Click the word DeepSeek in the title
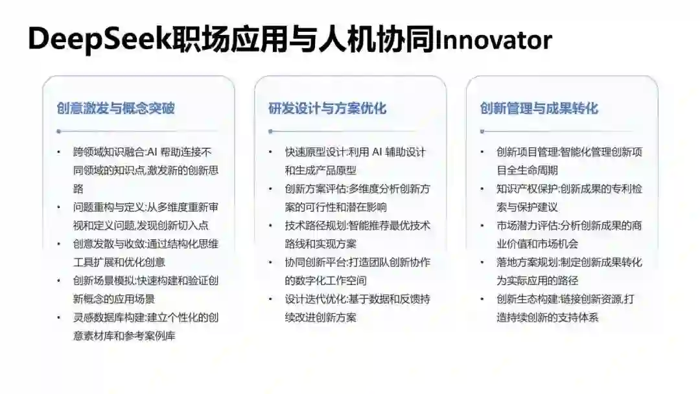[96, 40]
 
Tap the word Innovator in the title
[494, 40]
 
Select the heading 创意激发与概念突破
[115, 108]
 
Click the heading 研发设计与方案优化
[327, 108]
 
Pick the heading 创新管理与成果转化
[539, 108]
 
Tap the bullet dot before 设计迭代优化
[270, 299]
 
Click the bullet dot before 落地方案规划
[482, 262]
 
